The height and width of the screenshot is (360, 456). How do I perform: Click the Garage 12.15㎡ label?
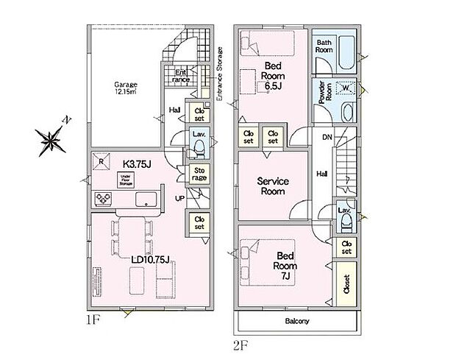125,88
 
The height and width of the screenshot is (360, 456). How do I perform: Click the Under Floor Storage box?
125,180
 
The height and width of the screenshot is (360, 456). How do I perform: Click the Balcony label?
297,321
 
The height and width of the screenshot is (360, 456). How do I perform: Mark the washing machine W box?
346,90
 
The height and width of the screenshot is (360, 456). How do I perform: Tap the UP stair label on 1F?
179,198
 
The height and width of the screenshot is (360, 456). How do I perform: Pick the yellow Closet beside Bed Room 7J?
346,283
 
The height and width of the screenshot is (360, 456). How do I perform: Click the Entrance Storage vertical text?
218,74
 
